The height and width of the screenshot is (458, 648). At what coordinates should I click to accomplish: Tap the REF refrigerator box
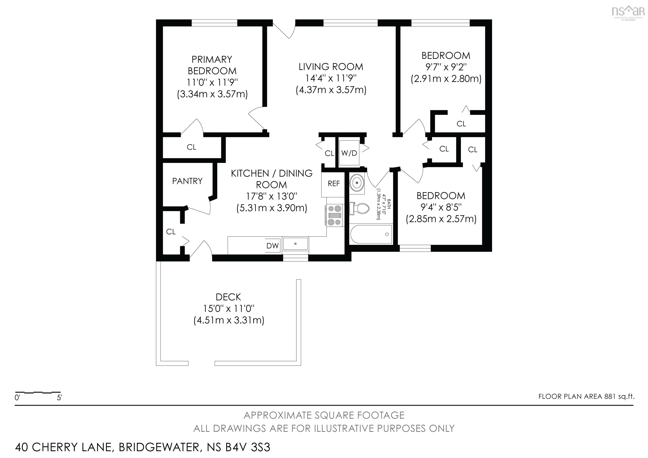(x=333, y=185)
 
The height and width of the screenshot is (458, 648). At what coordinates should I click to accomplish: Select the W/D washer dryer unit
(x=349, y=153)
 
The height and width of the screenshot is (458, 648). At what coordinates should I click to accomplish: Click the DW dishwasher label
(x=272, y=246)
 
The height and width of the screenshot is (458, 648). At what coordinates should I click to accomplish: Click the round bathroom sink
(x=357, y=183)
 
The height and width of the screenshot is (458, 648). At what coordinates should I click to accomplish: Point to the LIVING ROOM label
(x=331, y=67)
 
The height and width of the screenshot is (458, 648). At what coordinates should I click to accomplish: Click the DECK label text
(x=228, y=297)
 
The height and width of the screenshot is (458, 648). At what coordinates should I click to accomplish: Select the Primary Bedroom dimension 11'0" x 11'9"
(x=212, y=82)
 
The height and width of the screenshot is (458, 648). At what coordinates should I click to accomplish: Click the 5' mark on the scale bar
(x=59, y=398)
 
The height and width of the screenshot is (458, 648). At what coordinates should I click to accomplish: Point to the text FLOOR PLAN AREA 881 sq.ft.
(x=586, y=396)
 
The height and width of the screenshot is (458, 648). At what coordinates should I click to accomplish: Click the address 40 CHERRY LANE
(x=63, y=447)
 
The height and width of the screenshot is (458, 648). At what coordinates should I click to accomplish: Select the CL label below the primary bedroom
(x=191, y=147)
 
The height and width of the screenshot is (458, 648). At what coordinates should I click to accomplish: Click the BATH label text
(x=389, y=204)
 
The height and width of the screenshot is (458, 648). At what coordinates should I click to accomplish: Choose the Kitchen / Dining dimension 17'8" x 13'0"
(x=271, y=196)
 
